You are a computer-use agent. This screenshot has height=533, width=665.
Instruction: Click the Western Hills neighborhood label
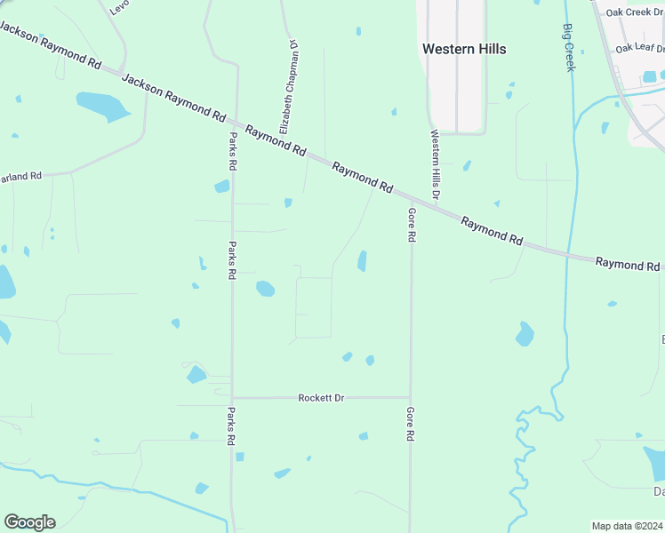[x=464, y=49]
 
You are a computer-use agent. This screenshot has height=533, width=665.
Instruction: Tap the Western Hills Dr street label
[x=436, y=164]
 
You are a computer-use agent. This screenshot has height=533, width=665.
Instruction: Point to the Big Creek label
[x=569, y=46]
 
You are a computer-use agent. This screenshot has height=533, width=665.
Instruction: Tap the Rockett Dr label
[x=321, y=398]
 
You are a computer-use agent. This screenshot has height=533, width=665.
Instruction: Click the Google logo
[x=29, y=521]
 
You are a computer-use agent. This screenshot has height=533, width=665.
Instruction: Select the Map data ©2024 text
[x=627, y=526]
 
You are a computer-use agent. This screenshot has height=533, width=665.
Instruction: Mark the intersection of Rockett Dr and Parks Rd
[x=232, y=398]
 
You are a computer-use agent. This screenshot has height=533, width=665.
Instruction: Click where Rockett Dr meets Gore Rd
[x=411, y=398]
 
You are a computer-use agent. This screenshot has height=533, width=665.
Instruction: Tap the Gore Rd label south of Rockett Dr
[x=411, y=425]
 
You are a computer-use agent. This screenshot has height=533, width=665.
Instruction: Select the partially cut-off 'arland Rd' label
[x=20, y=177]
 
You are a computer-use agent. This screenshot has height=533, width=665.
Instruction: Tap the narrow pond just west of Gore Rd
[x=362, y=260]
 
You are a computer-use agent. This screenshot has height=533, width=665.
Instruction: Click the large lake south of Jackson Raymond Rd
[x=103, y=106]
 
